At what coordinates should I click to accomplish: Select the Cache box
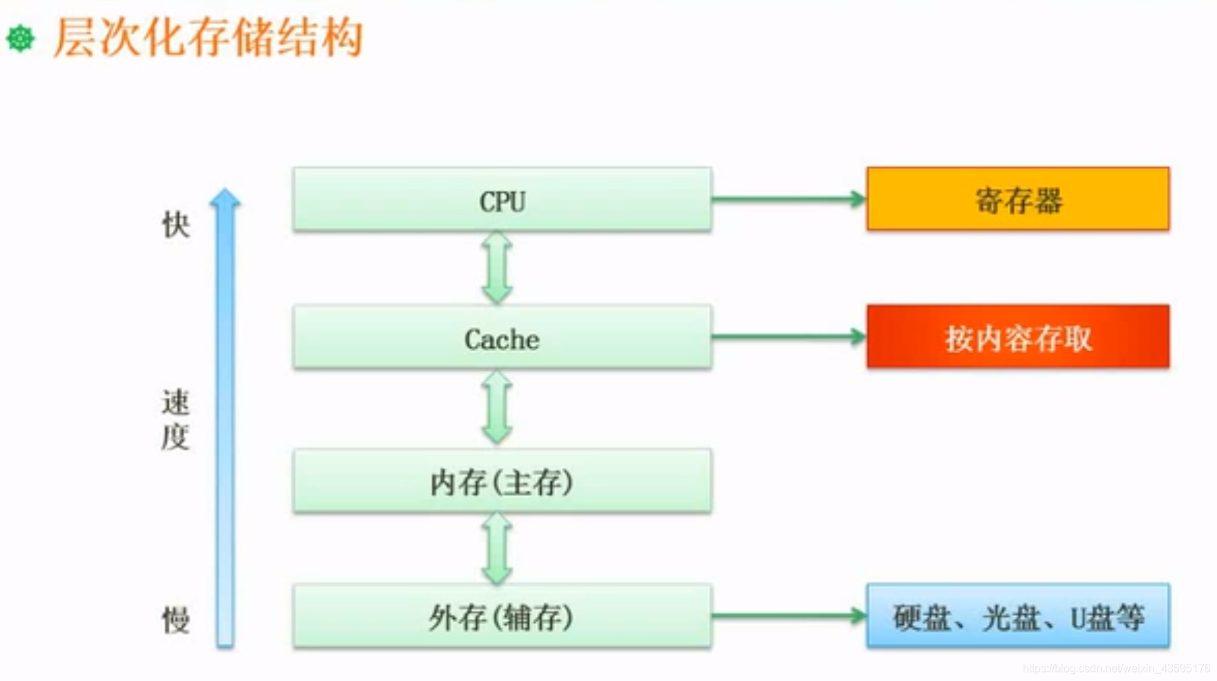point(502,337)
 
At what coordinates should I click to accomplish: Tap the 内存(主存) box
point(502,481)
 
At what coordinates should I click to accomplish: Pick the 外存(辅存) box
point(502,616)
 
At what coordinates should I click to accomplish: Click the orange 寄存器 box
point(1017,199)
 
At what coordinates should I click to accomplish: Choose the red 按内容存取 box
point(1017,337)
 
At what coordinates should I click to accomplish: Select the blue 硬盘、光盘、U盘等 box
point(1017,616)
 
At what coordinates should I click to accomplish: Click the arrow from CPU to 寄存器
point(788,199)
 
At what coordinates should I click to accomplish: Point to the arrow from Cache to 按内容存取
point(788,337)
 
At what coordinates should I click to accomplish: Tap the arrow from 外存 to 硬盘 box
point(788,615)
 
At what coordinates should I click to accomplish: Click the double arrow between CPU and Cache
point(497,267)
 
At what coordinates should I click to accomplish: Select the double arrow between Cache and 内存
point(497,407)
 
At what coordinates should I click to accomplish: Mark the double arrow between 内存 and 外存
point(497,548)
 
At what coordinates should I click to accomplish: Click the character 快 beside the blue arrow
point(176,225)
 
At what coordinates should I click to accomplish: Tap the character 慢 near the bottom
point(176,619)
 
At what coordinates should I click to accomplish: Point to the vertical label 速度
point(175,419)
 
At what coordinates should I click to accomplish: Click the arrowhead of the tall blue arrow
point(225,198)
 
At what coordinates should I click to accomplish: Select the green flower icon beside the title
point(21,38)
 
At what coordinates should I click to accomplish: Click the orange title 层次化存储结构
point(208,37)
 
